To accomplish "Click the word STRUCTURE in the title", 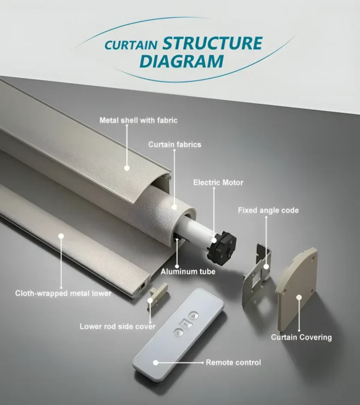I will point(212,43).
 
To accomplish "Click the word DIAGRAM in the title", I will point(181,61).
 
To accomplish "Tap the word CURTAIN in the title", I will point(131,45).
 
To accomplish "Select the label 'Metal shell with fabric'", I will point(138,121).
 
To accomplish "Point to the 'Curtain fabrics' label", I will point(175,145).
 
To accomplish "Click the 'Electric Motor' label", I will point(218,182).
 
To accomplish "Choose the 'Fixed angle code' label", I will point(268,211).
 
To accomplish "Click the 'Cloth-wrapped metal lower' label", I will point(63,293).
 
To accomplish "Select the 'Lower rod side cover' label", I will point(118,326).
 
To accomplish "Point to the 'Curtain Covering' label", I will point(301,337).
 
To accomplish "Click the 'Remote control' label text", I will point(233,362).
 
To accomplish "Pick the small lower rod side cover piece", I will point(157,294).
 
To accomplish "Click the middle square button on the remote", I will point(186,323).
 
